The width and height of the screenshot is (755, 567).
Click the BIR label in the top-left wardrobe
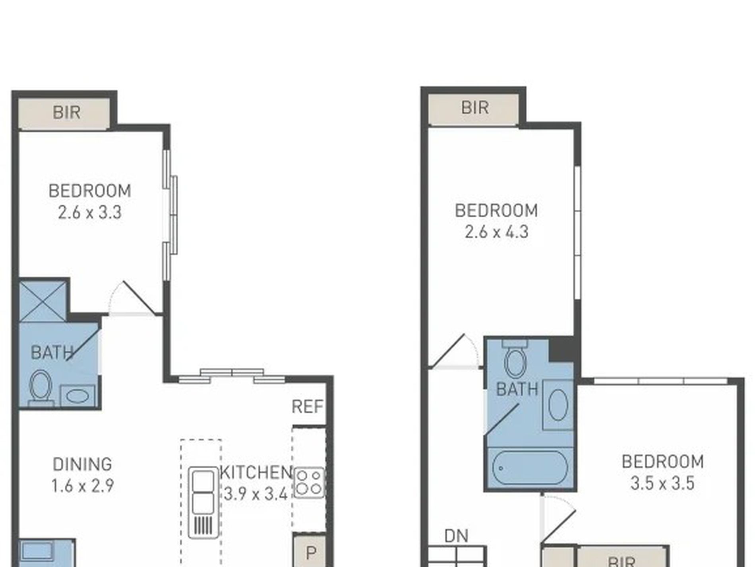tap(66, 112)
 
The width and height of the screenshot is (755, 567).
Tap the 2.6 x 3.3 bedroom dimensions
tap(90, 212)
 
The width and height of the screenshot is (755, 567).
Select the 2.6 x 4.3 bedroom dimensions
tap(496, 232)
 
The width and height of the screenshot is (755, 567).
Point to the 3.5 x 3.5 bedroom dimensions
tap(662, 483)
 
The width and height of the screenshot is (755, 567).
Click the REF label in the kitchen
tap(307, 407)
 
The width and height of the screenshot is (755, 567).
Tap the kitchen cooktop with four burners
tap(309, 483)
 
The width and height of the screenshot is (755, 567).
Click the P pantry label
tap(311, 553)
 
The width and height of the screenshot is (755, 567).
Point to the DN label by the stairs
tap(456, 536)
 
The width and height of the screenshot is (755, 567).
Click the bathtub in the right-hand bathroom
tap(530, 468)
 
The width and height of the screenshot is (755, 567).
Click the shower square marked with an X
tap(43, 301)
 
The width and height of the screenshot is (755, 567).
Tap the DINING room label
tap(82, 464)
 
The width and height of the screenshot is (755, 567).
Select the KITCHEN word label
tap(256, 472)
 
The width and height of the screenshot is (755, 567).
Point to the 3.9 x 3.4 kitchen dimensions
tap(256, 494)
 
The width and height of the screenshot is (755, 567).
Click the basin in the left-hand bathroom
tap(77, 396)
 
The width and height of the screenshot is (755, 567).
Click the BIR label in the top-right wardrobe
tap(475, 107)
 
